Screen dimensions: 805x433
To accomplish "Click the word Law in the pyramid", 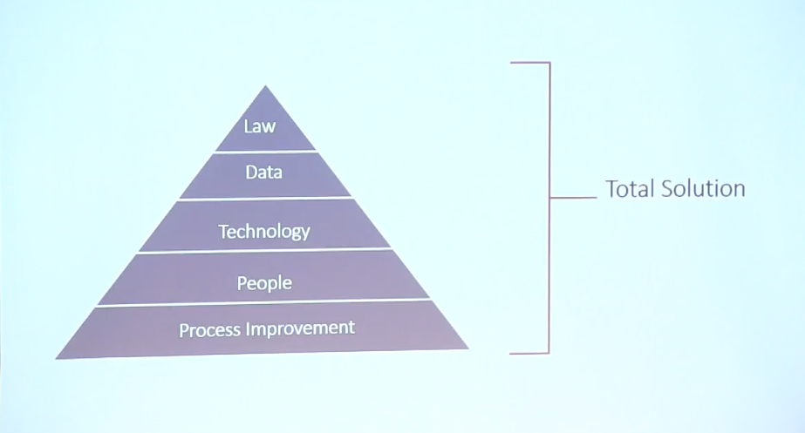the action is [x=260, y=126].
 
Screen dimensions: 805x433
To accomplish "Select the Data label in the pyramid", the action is [x=264, y=172].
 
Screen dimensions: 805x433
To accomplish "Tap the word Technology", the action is [x=264, y=232].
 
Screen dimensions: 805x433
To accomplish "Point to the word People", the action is [x=264, y=283].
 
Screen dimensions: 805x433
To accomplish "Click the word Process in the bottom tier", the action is [x=210, y=330].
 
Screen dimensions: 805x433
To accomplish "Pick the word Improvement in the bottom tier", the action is [x=300, y=328].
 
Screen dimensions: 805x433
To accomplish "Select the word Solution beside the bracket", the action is [x=703, y=189].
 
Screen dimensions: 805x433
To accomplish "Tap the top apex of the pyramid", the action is [x=265, y=85].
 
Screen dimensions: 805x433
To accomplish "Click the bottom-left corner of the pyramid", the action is [x=56, y=359].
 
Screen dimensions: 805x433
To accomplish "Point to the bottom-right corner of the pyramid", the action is [x=468, y=348].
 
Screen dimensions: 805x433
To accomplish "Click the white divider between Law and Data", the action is [x=265, y=152].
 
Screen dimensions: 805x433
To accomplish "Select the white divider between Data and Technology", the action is [x=265, y=198].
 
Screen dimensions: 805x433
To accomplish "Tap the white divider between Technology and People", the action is [x=265, y=250].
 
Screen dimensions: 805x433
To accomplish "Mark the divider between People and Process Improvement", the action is [x=263, y=302].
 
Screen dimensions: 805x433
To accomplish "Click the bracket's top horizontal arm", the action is [x=529, y=63].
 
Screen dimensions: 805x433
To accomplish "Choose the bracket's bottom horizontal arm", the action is [x=529, y=353].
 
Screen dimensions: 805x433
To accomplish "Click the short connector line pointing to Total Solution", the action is [x=574, y=197].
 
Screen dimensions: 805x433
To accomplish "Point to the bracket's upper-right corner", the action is [x=549, y=63].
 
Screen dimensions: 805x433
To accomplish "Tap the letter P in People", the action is [x=242, y=282].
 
